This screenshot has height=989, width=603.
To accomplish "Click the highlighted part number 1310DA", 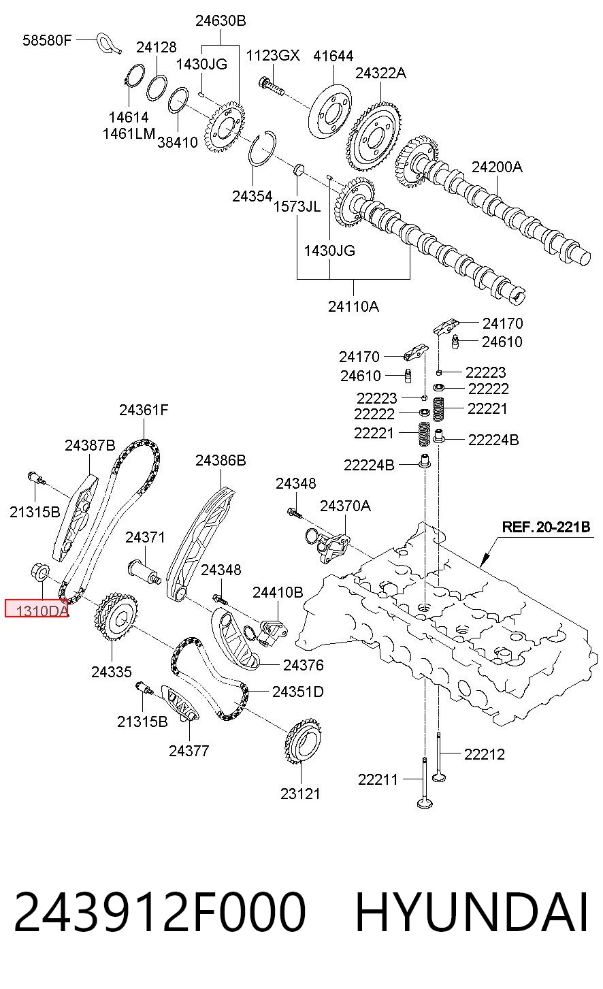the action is (42, 611).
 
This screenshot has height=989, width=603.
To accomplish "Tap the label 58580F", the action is (47, 41).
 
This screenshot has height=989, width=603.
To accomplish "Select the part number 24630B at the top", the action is (221, 20).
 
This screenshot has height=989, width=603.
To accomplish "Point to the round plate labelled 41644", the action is (330, 111).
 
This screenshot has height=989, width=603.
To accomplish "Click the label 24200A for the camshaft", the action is (497, 167).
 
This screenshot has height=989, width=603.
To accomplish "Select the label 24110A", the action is (354, 306).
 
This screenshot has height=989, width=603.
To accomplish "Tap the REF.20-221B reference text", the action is (546, 527).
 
